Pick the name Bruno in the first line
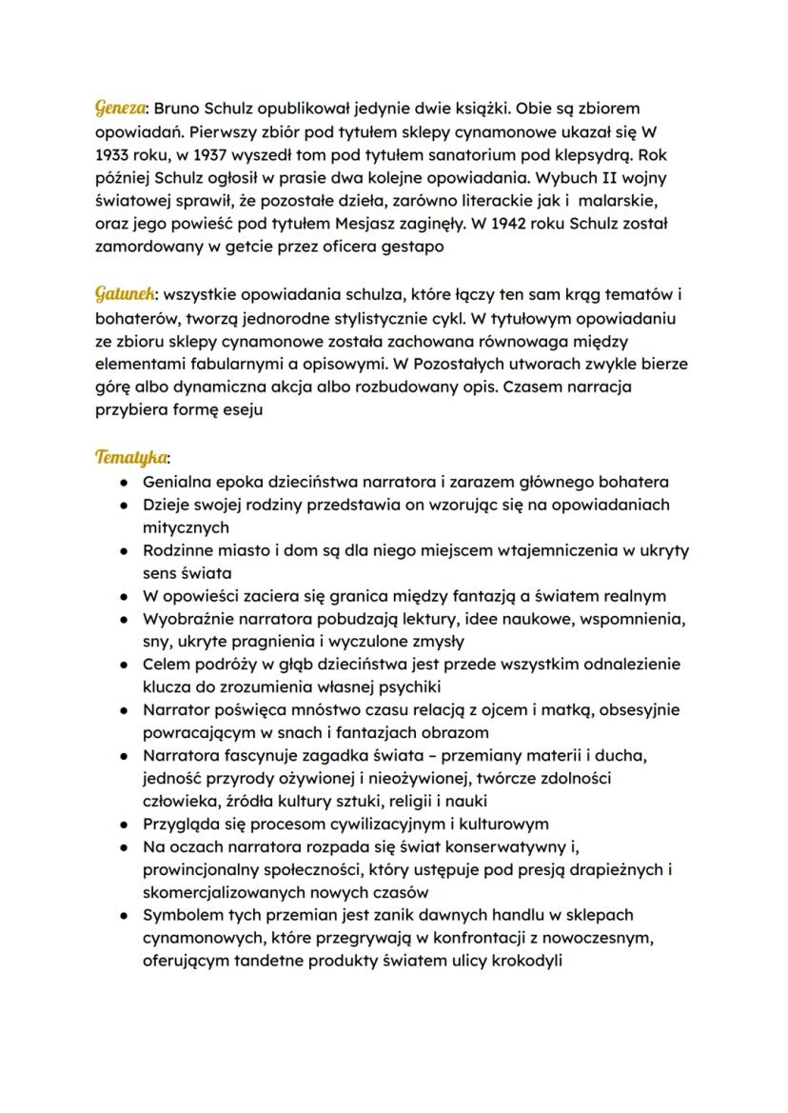tap(177, 108)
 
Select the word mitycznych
tap(186, 527)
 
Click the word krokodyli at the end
tap(527, 961)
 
